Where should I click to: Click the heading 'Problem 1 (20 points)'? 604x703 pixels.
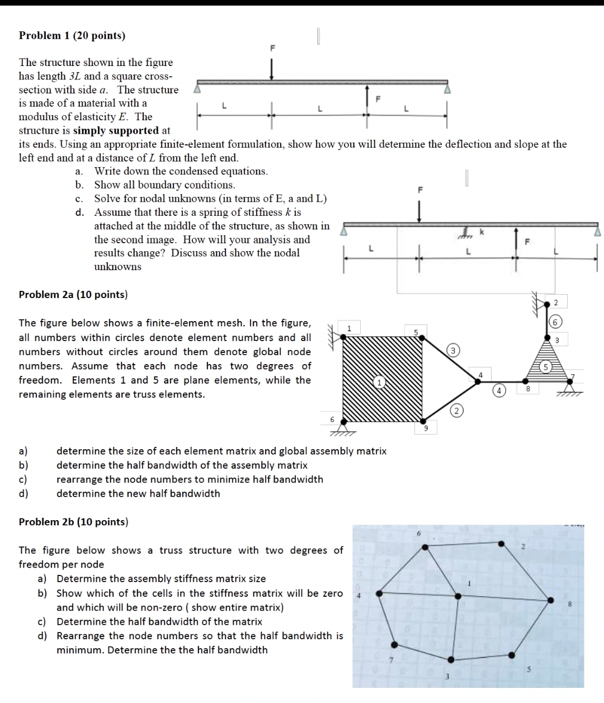point(72,36)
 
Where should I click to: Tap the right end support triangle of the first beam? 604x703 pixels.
point(446,88)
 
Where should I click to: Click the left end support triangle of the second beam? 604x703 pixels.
point(345,230)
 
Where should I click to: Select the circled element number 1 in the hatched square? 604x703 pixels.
point(379,383)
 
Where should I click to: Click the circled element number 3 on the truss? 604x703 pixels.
point(453,351)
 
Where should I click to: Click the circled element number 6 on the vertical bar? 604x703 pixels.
point(555,322)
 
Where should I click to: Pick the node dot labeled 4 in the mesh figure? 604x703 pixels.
point(478,382)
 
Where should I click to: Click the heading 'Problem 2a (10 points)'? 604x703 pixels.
point(73,295)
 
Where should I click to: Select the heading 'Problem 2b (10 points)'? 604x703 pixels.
point(73,522)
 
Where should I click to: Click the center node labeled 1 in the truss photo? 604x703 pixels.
point(458,596)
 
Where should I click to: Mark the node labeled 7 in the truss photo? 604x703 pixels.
point(395,644)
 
